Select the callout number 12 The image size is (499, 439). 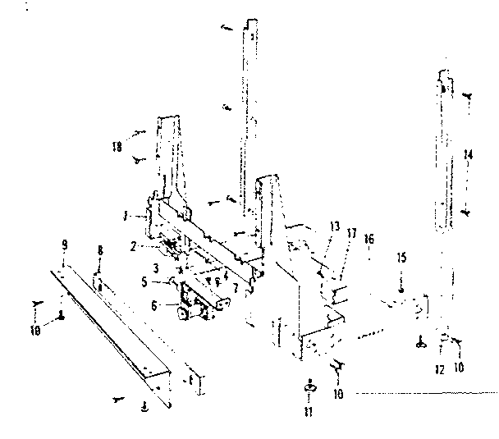pos(440,369)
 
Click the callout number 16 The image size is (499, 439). pos(369,239)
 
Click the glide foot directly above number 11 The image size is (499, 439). pos(311,386)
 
